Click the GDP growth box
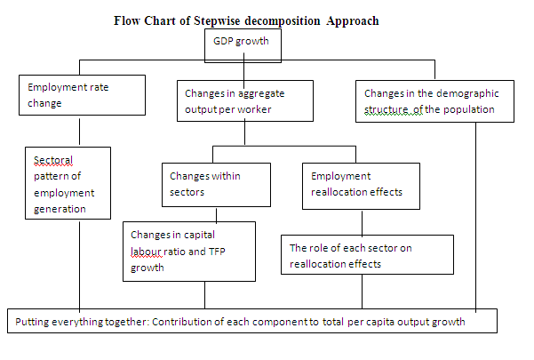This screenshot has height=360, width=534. pyautogui.click(x=243, y=45)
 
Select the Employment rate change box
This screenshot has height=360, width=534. pyautogui.click(x=82, y=95)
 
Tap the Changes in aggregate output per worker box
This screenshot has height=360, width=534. pyautogui.click(x=245, y=100)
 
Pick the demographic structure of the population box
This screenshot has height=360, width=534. pyautogui.click(x=434, y=101)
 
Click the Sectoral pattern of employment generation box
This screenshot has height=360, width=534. pyautogui.click(x=68, y=183)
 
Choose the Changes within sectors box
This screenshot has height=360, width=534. pyautogui.click(x=216, y=185)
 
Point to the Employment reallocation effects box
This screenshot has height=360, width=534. pyautogui.click(x=361, y=186)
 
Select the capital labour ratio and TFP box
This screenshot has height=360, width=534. pyautogui.click(x=189, y=252)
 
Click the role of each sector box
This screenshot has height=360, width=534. pyautogui.click(x=367, y=254)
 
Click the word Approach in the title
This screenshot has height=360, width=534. pyautogui.click(x=353, y=21)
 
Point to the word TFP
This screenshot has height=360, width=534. pyautogui.click(x=217, y=252)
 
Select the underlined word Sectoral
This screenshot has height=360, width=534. pyautogui.click(x=53, y=160)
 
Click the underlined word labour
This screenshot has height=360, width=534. pyautogui.click(x=146, y=252)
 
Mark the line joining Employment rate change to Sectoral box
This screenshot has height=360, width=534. pyautogui.click(x=79, y=132)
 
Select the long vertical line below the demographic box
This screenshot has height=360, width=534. pyautogui.click(x=475, y=217)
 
